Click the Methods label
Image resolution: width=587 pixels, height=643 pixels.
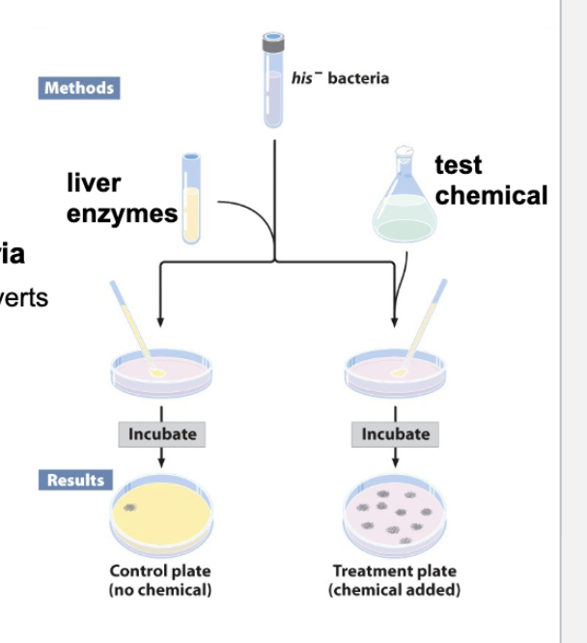(x=79, y=88)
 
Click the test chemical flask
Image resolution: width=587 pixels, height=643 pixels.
(x=405, y=203)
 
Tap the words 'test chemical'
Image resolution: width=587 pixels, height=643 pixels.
(x=489, y=181)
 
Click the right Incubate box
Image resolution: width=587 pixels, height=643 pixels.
(x=395, y=434)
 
